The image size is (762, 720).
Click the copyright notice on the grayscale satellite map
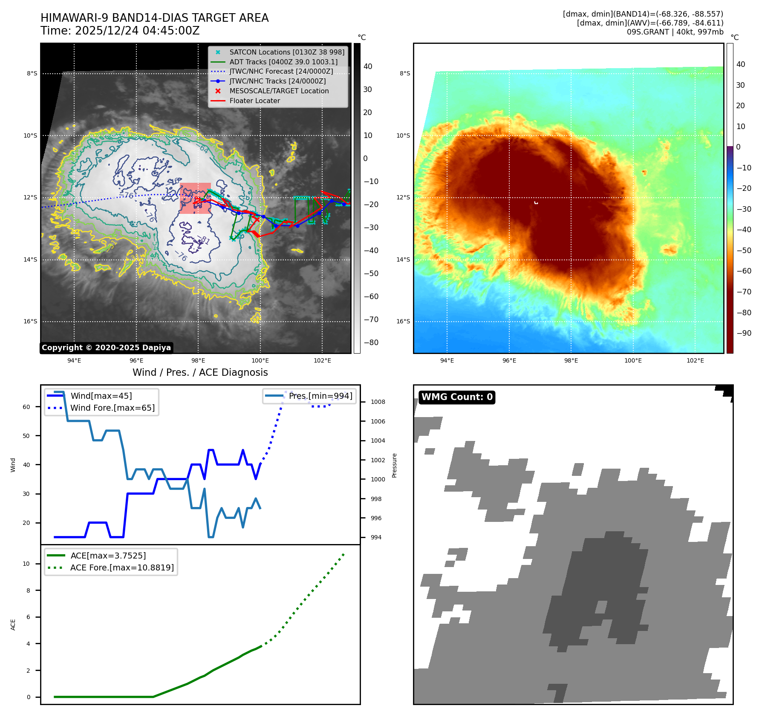point(106,348)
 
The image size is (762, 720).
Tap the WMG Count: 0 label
point(457,397)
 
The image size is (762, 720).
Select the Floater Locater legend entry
point(254,101)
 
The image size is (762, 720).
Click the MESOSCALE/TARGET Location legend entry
point(279,91)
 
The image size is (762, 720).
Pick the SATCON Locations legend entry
point(286,52)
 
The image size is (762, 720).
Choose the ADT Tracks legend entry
point(283,62)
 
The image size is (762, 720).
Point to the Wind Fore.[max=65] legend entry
point(113,408)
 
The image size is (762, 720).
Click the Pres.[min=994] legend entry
point(320,396)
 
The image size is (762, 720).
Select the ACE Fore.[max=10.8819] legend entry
point(122,567)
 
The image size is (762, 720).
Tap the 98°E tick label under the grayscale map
point(198,360)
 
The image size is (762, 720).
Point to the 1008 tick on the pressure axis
point(378,402)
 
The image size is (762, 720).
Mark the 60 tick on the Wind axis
point(26,407)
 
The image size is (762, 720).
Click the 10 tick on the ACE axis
point(26,564)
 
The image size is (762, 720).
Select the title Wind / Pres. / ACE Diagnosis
point(200,372)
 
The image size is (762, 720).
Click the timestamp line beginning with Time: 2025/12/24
point(120,31)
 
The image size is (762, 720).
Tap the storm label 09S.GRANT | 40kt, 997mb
point(675,32)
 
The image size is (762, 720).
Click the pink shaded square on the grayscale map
point(195,198)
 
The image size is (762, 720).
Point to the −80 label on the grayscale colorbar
point(371,343)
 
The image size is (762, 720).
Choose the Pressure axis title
point(394,465)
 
